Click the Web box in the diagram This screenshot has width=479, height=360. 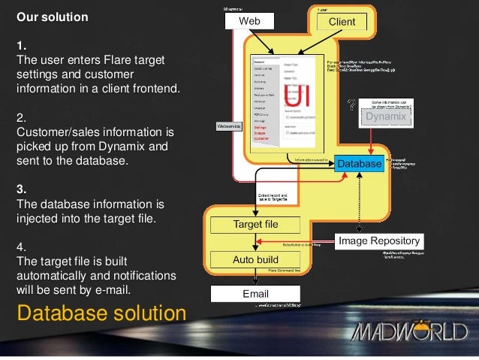(249, 22)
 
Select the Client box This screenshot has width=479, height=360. (342, 22)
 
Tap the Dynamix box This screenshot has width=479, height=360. (385, 117)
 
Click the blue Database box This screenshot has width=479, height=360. (359, 162)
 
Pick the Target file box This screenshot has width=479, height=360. (255, 225)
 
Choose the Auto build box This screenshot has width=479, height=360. (255, 259)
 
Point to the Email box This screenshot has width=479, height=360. (255, 292)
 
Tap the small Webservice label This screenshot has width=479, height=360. (228, 126)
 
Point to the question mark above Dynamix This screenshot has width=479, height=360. (349, 106)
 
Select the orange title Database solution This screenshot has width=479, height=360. (97, 312)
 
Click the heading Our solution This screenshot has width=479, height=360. (53, 16)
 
